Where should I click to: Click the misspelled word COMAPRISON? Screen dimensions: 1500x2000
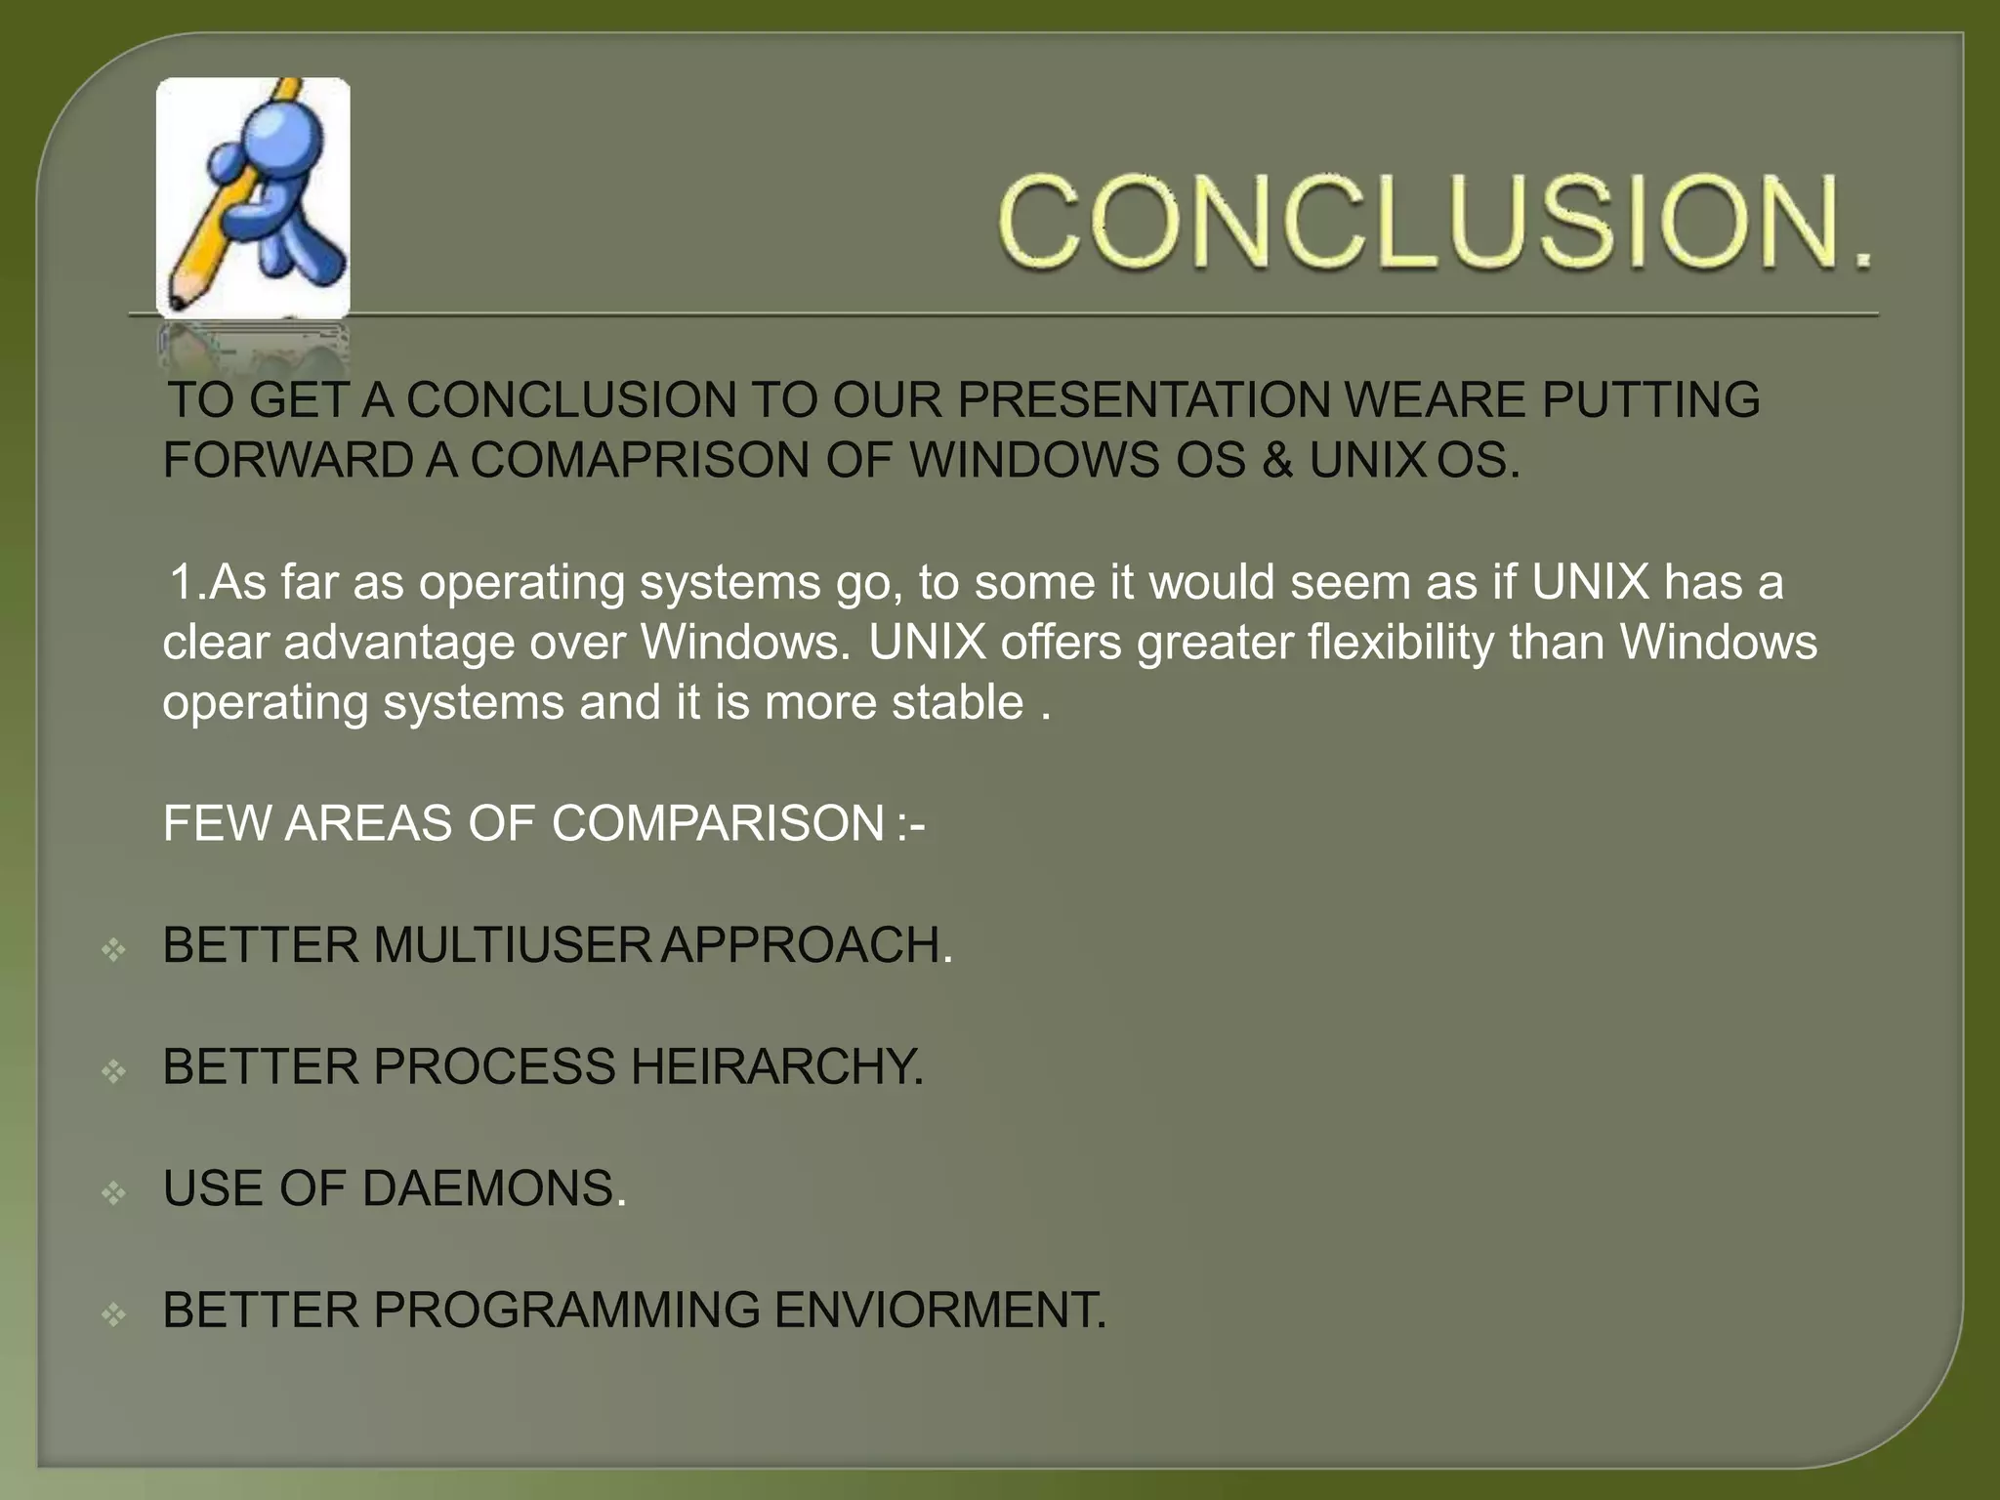point(640,460)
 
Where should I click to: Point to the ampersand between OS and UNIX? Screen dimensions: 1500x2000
point(1276,460)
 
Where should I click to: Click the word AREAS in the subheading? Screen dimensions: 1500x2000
point(368,823)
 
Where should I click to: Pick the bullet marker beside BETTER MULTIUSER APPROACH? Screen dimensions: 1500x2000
point(113,948)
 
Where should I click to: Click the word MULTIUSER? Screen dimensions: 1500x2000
point(511,945)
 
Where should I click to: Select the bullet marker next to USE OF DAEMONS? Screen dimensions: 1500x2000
point(113,1191)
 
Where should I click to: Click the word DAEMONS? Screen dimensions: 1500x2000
point(492,1188)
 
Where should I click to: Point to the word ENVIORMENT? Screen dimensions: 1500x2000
point(939,1310)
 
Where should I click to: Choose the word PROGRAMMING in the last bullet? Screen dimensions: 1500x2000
point(565,1310)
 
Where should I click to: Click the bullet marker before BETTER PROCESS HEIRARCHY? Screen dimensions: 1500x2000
point(113,1070)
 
